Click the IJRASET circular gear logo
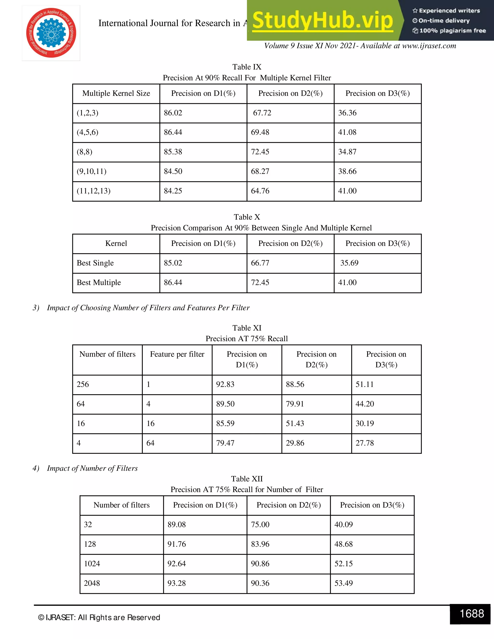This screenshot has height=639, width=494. [51, 33]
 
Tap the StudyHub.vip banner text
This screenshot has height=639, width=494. [322, 20]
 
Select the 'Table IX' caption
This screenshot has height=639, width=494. [247, 67]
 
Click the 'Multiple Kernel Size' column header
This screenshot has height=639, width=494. [116, 93]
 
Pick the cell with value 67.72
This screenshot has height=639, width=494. [262, 113]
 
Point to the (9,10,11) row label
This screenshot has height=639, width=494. [92, 171]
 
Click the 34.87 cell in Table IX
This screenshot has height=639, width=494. [347, 152]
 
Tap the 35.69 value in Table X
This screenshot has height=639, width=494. [349, 263]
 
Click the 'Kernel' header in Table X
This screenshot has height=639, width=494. [116, 244]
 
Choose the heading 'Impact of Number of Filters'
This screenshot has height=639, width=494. [92, 468]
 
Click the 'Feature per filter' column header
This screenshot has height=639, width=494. [177, 354]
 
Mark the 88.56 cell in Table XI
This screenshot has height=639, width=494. [295, 384]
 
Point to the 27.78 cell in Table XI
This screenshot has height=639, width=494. [365, 443]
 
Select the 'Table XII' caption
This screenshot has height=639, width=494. [247, 479]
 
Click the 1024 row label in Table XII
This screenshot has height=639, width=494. [92, 564]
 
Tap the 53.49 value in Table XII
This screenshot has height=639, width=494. [343, 583]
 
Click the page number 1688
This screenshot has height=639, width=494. [472, 613]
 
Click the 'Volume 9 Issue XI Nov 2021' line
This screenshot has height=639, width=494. [360, 46]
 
